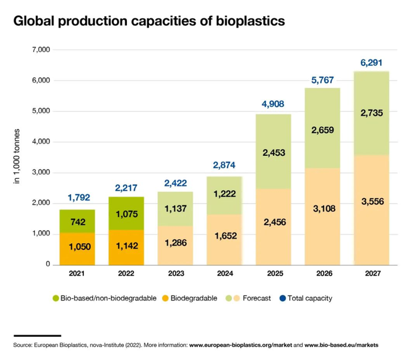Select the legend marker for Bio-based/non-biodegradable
[x=55, y=298]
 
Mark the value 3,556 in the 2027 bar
[x=371, y=201]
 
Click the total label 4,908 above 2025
[x=274, y=105]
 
